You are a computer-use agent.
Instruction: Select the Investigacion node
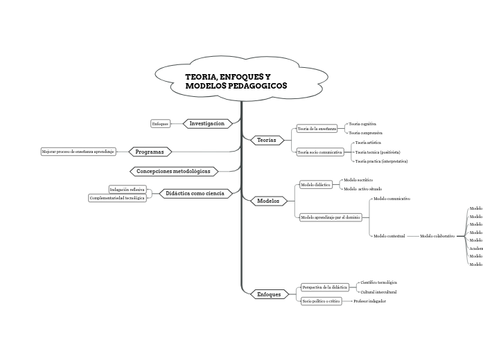(207, 123)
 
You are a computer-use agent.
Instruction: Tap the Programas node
(149, 152)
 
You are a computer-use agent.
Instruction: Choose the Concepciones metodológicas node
(173, 171)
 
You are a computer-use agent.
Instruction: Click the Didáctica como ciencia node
(195, 193)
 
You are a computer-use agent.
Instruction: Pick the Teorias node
(267, 140)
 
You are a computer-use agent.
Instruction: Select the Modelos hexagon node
(267, 201)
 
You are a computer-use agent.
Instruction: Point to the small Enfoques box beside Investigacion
(160, 124)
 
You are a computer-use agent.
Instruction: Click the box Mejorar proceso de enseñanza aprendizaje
(78, 151)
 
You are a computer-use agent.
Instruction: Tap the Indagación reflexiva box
(127, 189)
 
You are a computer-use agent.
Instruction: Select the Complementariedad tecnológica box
(117, 198)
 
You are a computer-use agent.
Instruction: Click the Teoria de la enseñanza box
(317, 128)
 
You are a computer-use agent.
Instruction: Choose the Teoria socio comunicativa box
(319, 152)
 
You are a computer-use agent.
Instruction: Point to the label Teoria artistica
(368, 142)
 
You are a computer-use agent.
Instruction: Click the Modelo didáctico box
(315, 185)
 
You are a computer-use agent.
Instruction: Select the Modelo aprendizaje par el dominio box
(330, 217)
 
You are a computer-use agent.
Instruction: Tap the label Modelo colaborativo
(437, 236)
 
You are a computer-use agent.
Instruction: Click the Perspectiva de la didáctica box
(324, 287)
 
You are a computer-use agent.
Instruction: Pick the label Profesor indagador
(369, 301)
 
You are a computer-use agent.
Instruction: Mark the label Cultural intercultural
(378, 292)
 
